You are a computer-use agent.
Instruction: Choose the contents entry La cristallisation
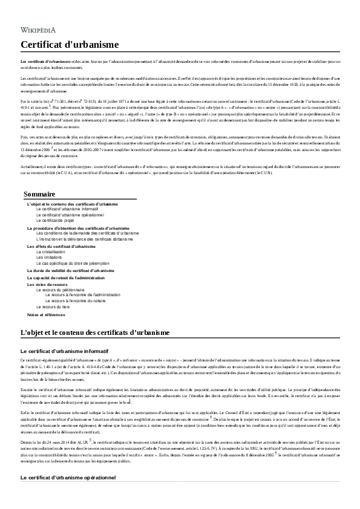tap(51, 251)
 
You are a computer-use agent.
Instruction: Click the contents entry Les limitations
tap(49, 257)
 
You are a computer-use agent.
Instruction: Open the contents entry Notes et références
tap(47, 315)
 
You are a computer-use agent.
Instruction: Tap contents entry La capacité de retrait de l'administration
tap(67, 277)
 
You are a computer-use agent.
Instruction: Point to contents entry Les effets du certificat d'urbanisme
tap(61, 246)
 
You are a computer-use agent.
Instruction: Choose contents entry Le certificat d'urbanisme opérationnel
tap(70, 215)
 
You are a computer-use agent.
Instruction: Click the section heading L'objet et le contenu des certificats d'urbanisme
tap(95, 332)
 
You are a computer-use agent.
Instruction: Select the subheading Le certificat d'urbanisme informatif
tap(64, 351)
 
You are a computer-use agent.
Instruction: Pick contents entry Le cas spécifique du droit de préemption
tap(73, 263)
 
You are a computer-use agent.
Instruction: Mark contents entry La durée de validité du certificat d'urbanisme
tap(71, 270)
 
